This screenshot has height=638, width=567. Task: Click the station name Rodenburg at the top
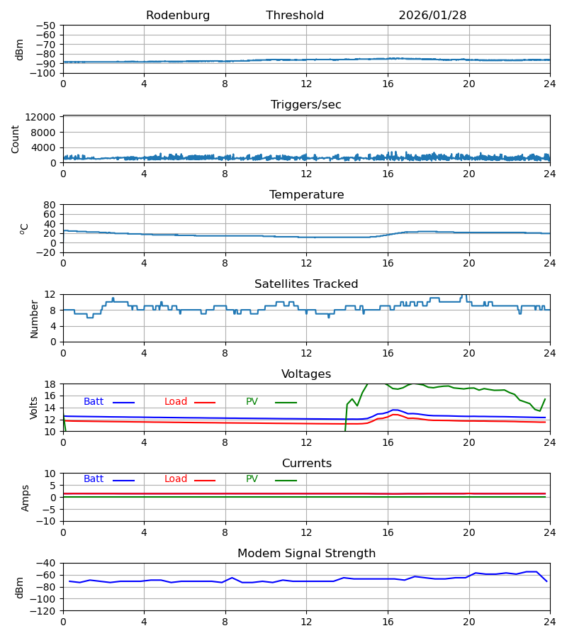[x=178, y=16]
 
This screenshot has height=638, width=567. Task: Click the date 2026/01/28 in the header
[x=432, y=16]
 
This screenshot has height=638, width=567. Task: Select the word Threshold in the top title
[x=295, y=16]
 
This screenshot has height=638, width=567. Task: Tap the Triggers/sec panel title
[x=306, y=105]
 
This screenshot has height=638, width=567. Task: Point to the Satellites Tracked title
[x=306, y=284]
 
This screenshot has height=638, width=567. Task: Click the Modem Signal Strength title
[x=306, y=554]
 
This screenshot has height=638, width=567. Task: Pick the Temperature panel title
[x=306, y=195]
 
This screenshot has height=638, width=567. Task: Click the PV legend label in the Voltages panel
[x=252, y=402]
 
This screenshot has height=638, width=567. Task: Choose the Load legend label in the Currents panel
[x=176, y=479]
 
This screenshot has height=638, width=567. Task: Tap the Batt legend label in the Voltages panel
[x=94, y=402]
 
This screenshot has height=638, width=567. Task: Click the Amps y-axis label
[x=26, y=498]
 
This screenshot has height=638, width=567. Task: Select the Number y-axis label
[x=35, y=318]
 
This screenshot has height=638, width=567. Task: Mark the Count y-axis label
[x=16, y=139]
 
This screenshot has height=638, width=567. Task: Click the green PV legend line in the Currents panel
[x=286, y=481]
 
